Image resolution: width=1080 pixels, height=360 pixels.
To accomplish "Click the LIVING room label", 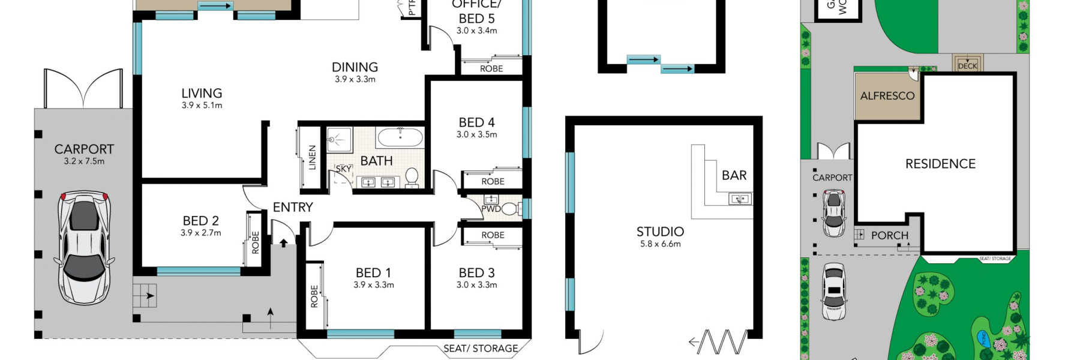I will tap(202, 94).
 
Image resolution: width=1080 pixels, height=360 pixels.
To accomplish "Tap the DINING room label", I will tap(355, 67).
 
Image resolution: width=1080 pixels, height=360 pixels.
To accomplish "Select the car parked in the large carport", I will tap(85, 247).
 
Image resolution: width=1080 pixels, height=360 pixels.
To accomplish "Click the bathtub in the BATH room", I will tap(400, 138).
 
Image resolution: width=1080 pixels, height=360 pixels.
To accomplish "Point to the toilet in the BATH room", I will tap(412, 176).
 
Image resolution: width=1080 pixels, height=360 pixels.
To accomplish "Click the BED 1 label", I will tap(373, 273).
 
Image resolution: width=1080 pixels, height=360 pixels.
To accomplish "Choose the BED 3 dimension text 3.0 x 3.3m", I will tap(476, 285).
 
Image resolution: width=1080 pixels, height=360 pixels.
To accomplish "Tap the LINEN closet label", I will tap(312, 157).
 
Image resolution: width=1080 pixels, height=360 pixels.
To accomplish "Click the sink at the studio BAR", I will tap(740, 198).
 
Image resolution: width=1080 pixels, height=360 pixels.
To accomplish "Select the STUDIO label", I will tap(660, 232).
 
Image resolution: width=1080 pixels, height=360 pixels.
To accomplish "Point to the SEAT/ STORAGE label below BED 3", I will tap(481, 348).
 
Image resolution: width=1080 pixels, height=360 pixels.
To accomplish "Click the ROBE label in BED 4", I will tap(493, 182).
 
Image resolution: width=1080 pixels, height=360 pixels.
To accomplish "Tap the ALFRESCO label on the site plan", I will tap(887, 96).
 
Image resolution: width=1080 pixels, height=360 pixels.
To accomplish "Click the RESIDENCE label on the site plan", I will tap(940, 164).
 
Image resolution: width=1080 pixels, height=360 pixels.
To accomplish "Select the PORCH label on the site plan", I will tap(889, 236).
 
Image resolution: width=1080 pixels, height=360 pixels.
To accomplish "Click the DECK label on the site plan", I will tap(967, 65).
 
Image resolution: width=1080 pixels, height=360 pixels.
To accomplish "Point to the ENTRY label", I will tap(293, 207).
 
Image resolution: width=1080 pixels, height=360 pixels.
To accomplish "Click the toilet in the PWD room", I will tap(509, 209).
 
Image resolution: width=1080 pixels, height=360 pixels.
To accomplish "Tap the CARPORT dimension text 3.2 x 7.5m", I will tap(84, 161).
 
